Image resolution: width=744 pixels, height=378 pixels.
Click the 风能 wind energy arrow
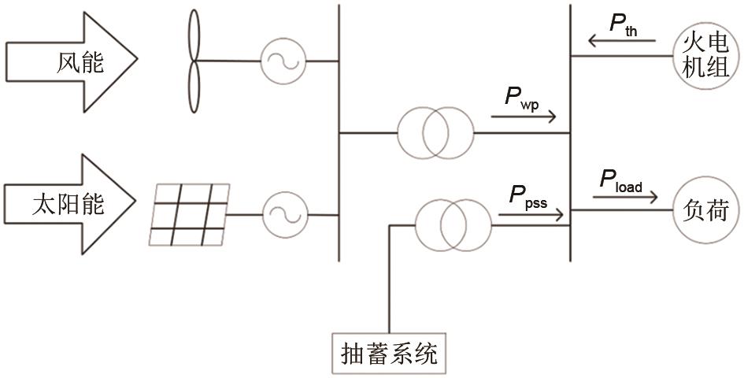pos(71,61)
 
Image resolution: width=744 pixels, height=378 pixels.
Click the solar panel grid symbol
pos(190,215)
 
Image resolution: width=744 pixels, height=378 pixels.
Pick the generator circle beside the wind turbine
pos(281,60)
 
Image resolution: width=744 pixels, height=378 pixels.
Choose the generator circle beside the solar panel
pos(281,213)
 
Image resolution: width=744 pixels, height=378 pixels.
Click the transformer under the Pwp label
pos(435,133)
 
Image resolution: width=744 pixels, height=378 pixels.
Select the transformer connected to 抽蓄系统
pos(452,224)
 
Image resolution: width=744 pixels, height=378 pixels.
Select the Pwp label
pos(521,100)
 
